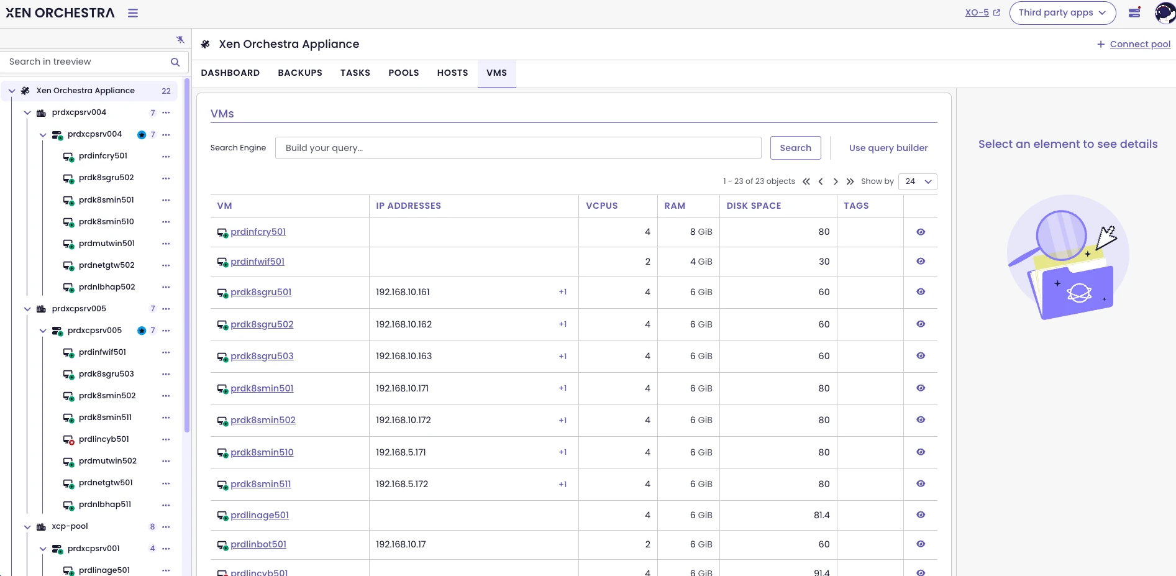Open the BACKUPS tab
point(300,73)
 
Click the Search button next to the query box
point(795,148)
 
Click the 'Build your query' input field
point(518,148)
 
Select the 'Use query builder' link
point(888,148)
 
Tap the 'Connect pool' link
point(1140,44)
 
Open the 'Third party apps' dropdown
point(1062,12)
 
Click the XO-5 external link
point(982,12)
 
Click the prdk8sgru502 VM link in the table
point(262,324)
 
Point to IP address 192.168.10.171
point(403,388)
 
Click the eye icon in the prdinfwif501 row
point(921,262)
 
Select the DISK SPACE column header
point(754,206)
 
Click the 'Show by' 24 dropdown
point(918,181)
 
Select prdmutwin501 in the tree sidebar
point(107,244)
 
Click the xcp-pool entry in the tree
point(70,526)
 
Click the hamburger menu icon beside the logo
point(133,13)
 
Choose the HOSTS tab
point(452,73)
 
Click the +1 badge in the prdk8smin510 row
point(563,452)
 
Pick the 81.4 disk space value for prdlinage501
point(822,515)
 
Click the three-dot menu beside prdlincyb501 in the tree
point(166,439)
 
